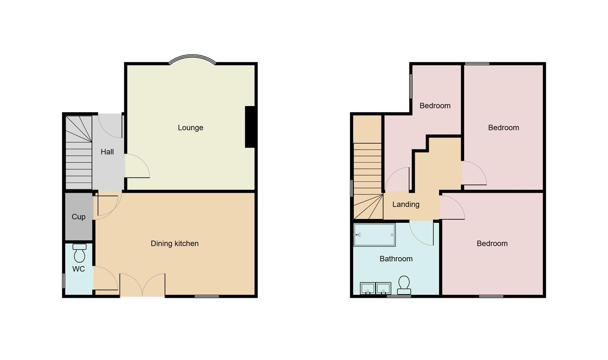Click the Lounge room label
click(190, 128)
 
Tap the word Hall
click(107, 152)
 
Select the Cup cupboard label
click(79, 217)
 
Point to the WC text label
click(79, 269)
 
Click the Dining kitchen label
click(175, 244)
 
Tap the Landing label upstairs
click(405, 204)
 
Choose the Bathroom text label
click(396, 259)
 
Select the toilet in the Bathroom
click(404, 285)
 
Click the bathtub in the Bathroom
click(374, 235)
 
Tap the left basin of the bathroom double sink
click(368, 288)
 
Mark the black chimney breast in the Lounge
click(250, 127)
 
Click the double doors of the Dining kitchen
click(142, 285)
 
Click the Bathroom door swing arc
click(422, 233)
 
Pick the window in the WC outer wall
click(64, 281)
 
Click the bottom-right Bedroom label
click(492, 244)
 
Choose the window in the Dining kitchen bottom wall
click(207, 296)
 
